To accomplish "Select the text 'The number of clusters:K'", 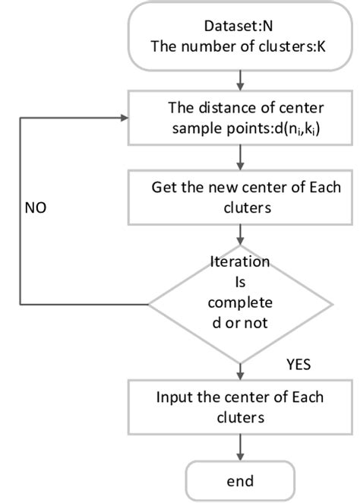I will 240,46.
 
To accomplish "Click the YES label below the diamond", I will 299,364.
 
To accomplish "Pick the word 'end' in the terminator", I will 240,480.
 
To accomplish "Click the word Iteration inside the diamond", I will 240,264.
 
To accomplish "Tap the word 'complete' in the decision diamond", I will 240,302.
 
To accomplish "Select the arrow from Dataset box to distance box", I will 240,79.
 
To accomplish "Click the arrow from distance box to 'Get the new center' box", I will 240,157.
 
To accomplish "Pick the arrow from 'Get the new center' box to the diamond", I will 240,235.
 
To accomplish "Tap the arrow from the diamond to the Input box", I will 240,369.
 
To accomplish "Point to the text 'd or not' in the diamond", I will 240,321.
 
